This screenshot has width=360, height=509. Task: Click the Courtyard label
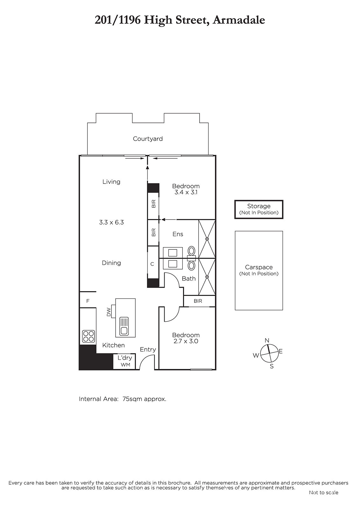148,139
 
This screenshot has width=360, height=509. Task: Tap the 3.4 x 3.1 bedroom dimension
186,192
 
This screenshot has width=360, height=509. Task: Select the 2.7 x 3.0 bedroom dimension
186,341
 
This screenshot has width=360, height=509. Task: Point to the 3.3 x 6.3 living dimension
111,222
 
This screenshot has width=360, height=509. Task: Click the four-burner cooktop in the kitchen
88,336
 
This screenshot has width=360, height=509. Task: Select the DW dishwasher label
109,312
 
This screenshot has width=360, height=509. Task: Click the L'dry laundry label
125,358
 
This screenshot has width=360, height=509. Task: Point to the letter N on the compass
267,340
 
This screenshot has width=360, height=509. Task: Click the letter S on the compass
272,366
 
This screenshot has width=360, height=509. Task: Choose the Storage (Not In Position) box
259,209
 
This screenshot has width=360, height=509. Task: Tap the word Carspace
259,268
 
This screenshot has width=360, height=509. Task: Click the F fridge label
88,301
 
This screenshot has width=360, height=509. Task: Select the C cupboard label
152,264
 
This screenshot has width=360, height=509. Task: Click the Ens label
178,234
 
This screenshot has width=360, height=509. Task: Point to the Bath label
189,278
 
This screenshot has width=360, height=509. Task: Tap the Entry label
148,350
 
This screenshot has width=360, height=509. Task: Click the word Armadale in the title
239,20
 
